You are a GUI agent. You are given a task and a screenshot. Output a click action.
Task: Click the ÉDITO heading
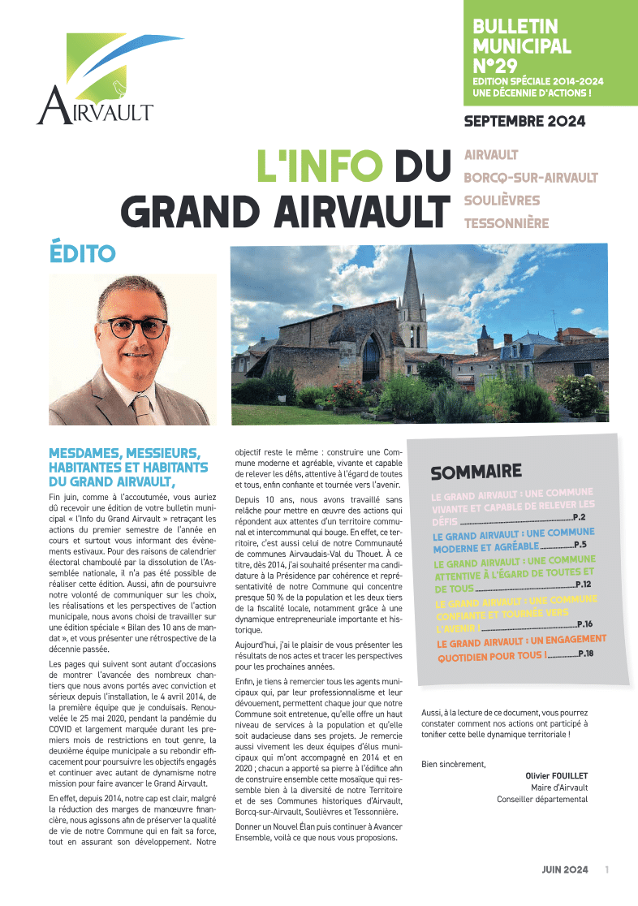tap(82, 252)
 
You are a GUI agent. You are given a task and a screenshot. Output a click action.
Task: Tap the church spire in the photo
tap(412, 280)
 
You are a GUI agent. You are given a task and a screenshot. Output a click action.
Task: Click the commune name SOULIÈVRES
tap(502, 200)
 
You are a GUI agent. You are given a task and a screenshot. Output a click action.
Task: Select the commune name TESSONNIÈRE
tap(506, 222)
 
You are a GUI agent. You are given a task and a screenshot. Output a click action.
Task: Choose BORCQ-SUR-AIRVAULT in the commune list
tap(531, 177)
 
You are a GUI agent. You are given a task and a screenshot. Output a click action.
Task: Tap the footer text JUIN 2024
tap(565, 869)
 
